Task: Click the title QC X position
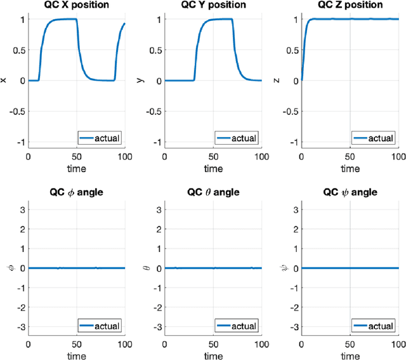point(77,5)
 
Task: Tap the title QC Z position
point(350,5)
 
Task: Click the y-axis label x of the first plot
point(5,81)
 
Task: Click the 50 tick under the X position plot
point(77,157)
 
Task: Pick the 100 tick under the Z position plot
point(397,157)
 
